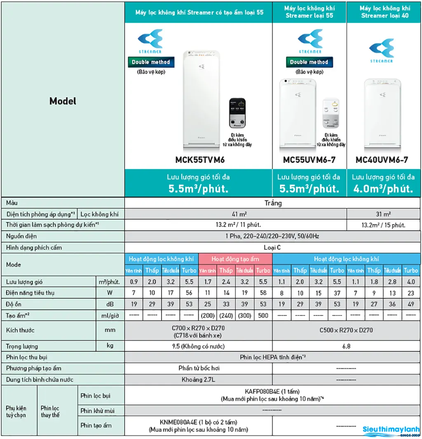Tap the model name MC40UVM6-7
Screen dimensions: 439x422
point(382,160)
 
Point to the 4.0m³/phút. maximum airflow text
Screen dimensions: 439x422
point(383,189)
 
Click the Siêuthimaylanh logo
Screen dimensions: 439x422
point(391,430)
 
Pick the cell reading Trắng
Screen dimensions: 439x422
point(273,203)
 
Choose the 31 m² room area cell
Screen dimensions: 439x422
point(383,214)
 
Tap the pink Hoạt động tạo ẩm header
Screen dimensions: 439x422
point(235,259)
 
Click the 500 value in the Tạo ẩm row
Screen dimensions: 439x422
point(263,316)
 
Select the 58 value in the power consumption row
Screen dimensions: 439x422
point(263,293)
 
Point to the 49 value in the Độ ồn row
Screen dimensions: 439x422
point(410,304)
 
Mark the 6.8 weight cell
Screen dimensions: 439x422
point(346,346)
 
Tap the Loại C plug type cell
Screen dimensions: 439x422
point(272,248)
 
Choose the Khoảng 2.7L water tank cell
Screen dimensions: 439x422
point(198,380)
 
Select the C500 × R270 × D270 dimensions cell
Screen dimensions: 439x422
point(346,330)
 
